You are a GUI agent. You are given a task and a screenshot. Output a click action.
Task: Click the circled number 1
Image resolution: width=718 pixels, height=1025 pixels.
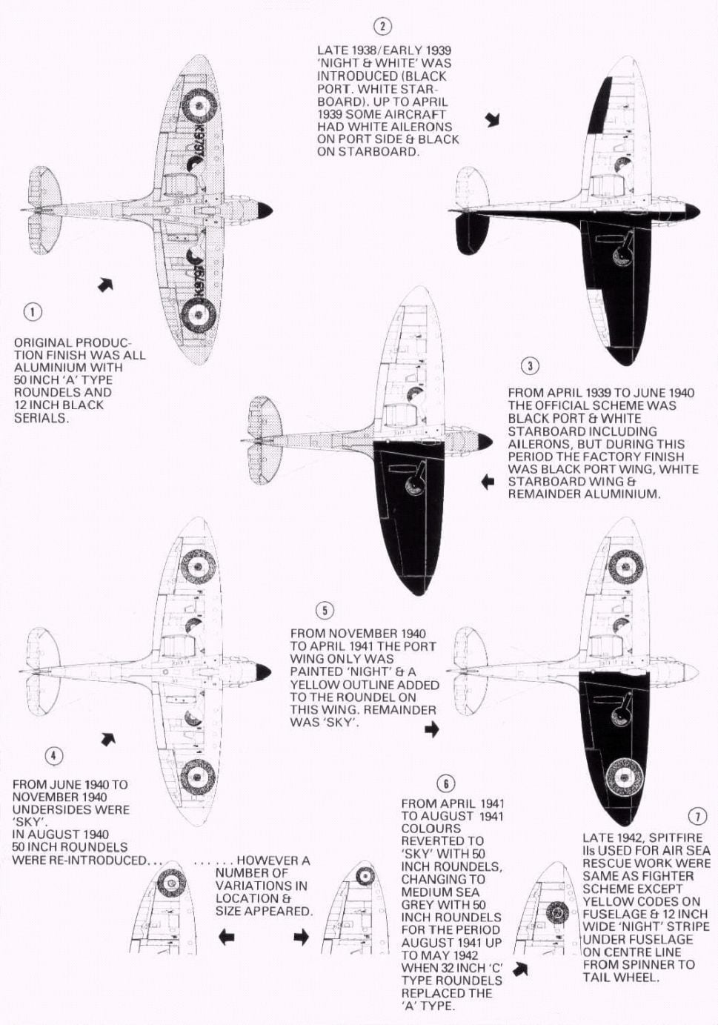(x=33, y=311)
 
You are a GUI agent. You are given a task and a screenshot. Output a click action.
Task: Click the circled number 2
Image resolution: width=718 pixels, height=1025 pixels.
(x=382, y=27)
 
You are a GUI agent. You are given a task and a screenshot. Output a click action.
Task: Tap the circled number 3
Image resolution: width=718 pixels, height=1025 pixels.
(x=529, y=365)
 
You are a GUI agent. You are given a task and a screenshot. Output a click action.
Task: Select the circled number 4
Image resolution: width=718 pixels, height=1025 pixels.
(x=54, y=755)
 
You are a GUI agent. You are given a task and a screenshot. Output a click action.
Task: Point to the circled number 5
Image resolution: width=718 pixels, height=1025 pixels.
(x=325, y=611)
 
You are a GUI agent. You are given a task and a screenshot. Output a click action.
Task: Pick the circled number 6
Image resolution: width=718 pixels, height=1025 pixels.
(x=445, y=783)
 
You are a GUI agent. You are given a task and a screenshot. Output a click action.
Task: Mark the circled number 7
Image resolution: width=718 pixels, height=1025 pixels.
(x=697, y=817)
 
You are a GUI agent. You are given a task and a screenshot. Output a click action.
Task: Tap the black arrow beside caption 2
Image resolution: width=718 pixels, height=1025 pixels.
(x=493, y=119)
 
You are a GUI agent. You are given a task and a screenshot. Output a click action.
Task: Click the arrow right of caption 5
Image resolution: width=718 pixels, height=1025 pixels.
(x=432, y=730)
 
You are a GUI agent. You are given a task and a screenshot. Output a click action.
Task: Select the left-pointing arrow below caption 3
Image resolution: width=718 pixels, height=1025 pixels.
(x=488, y=482)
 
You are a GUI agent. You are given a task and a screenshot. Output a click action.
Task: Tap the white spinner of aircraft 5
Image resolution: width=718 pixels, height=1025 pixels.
(x=689, y=671)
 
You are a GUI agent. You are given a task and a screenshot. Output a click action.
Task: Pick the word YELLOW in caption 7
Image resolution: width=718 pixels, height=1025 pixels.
(x=604, y=901)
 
